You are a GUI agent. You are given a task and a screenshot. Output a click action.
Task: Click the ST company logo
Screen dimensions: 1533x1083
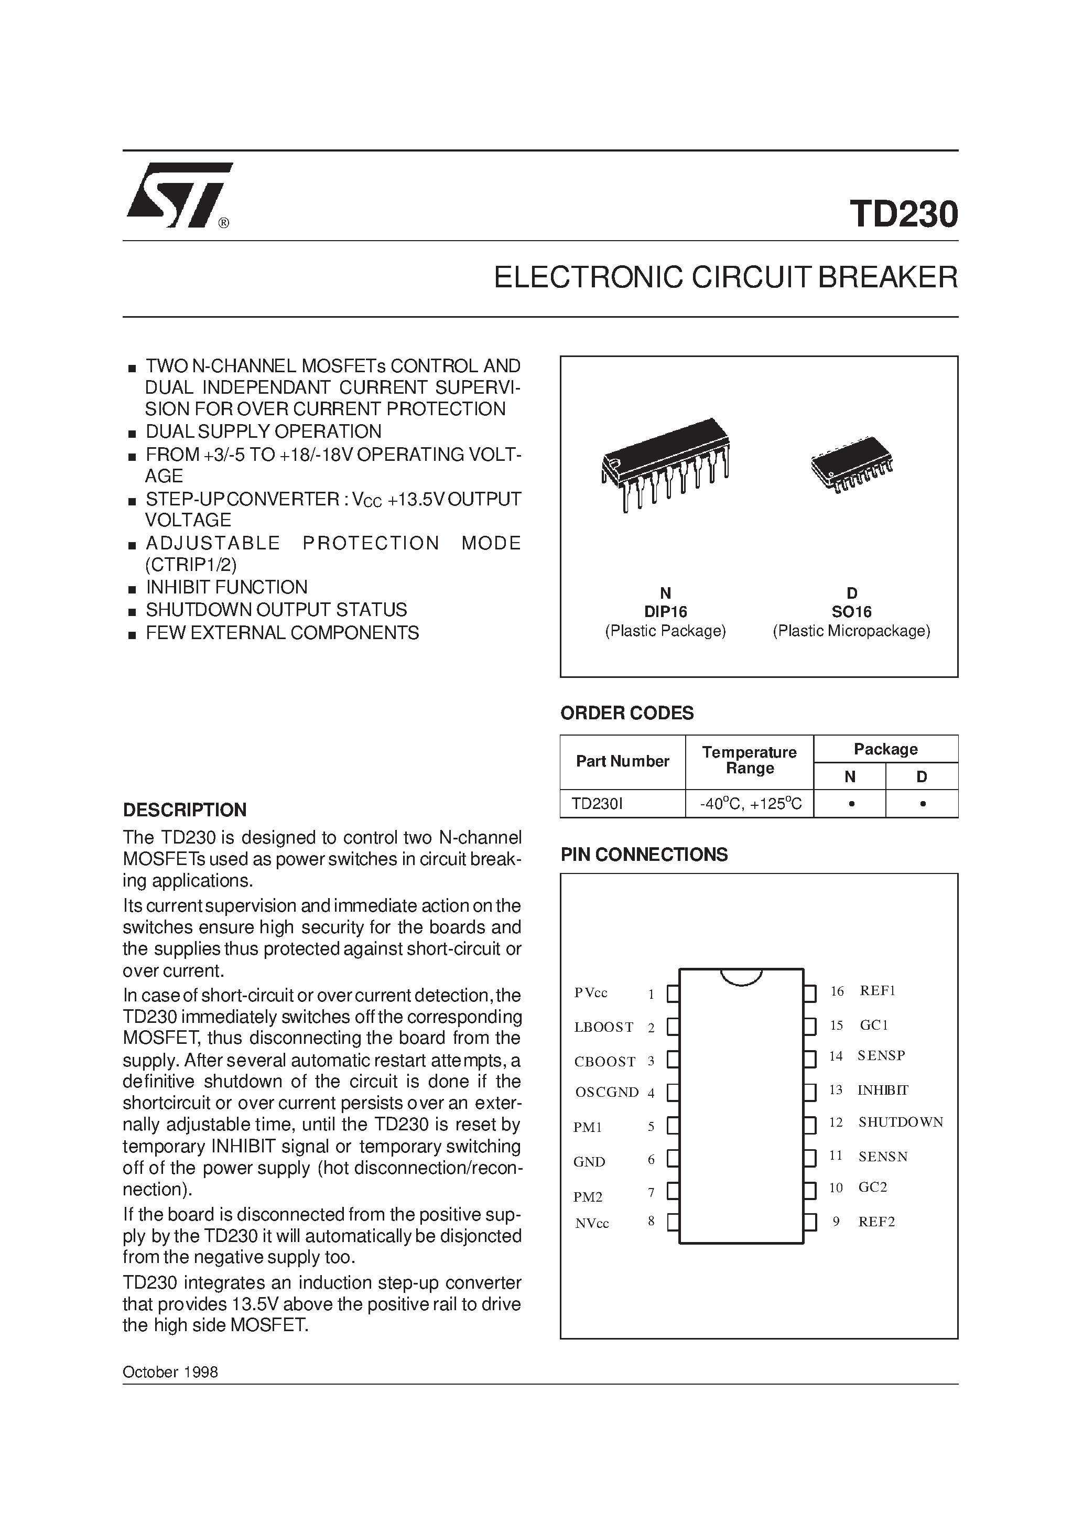click(x=179, y=195)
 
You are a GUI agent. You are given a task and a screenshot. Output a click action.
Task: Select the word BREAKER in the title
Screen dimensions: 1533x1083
click(x=887, y=277)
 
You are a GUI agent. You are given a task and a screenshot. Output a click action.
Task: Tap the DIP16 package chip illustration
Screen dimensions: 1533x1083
click(x=666, y=463)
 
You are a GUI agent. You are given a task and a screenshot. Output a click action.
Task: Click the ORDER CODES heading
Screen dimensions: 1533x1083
click(x=626, y=713)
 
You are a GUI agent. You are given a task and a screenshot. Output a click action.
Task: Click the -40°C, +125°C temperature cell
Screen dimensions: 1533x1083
click(x=750, y=804)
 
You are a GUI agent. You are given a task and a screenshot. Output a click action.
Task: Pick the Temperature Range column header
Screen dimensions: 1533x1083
click(x=749, y=761)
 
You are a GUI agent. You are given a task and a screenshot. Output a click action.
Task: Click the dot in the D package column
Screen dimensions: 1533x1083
click(x=922, y=804)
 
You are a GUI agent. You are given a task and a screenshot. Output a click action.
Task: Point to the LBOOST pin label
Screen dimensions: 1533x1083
click(x=603, y=1027)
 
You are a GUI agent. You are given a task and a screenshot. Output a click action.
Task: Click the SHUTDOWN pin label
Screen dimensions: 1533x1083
click(x=900, y=1122)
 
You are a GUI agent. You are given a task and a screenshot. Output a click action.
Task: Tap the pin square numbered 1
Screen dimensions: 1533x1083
click(x=673, y=994)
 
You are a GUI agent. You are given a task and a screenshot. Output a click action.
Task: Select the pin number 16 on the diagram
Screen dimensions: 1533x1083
click(x=837, y=991)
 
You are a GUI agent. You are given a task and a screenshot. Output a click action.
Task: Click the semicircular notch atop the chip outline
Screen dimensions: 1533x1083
click(x=741, y=976)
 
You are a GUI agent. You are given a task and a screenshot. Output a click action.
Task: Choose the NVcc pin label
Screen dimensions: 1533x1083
click(x=592, y=1223)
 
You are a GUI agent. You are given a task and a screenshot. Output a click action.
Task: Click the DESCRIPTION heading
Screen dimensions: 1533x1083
click(x=185, y=810)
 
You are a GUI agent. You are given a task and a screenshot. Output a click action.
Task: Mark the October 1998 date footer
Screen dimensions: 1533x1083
click(x=170, y=1372)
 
